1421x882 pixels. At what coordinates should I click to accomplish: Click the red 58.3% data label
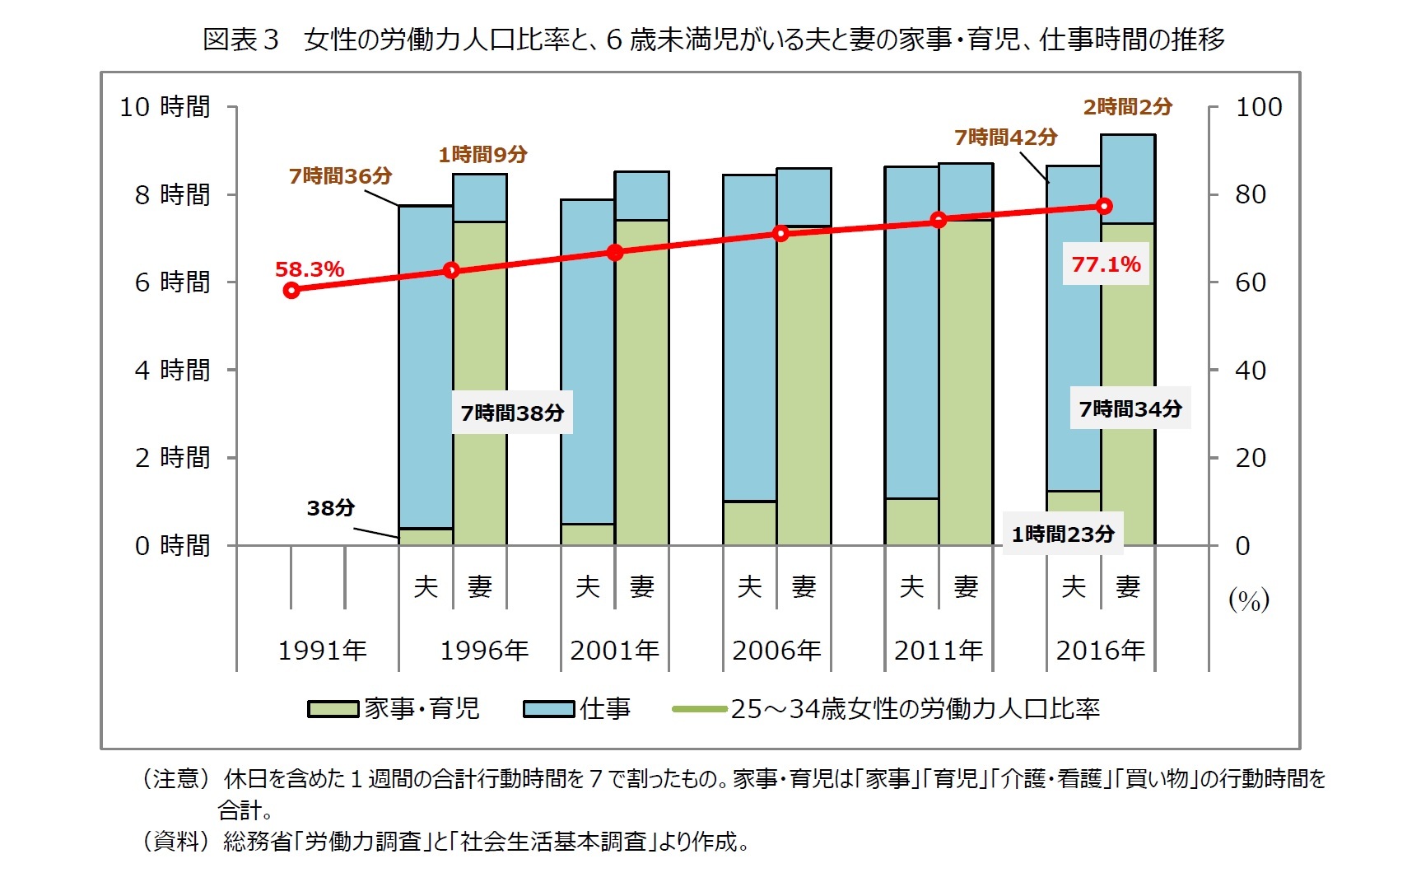[x=309, y=269]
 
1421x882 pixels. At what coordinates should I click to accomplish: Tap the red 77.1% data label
[x=1106, y=264]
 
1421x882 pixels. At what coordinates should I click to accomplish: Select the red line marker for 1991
[x=291, y=290]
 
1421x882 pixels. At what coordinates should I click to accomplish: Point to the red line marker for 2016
[x=1105, y=206]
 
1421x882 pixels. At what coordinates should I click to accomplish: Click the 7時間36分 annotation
[x=340, y=175]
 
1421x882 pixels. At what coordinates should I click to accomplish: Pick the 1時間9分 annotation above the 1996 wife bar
[x=482, y=154]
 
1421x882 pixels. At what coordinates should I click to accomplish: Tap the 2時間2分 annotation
[x=1127, y=106]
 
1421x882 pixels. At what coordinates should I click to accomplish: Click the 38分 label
[x=330, y=508]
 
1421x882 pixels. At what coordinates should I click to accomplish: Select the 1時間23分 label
[x=1062, y=534]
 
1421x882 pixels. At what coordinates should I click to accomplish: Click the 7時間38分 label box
[x=512, y=413]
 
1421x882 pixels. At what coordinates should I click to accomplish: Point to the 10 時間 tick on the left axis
[x=165, y=107]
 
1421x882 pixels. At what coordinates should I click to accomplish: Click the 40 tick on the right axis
[x=1250, y=371]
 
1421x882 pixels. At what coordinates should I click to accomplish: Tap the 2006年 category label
[x=776, y=651]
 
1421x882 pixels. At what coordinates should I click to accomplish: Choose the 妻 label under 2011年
[x=966, y=586]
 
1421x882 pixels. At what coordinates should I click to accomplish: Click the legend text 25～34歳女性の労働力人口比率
[x=914, y=708]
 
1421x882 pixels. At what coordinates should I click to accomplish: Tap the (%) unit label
[x=1248, y=600]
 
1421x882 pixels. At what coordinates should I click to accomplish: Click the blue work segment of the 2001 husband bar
[x=587, y=362]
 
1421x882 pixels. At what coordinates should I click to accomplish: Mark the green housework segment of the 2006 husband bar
[x=749, y=522]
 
